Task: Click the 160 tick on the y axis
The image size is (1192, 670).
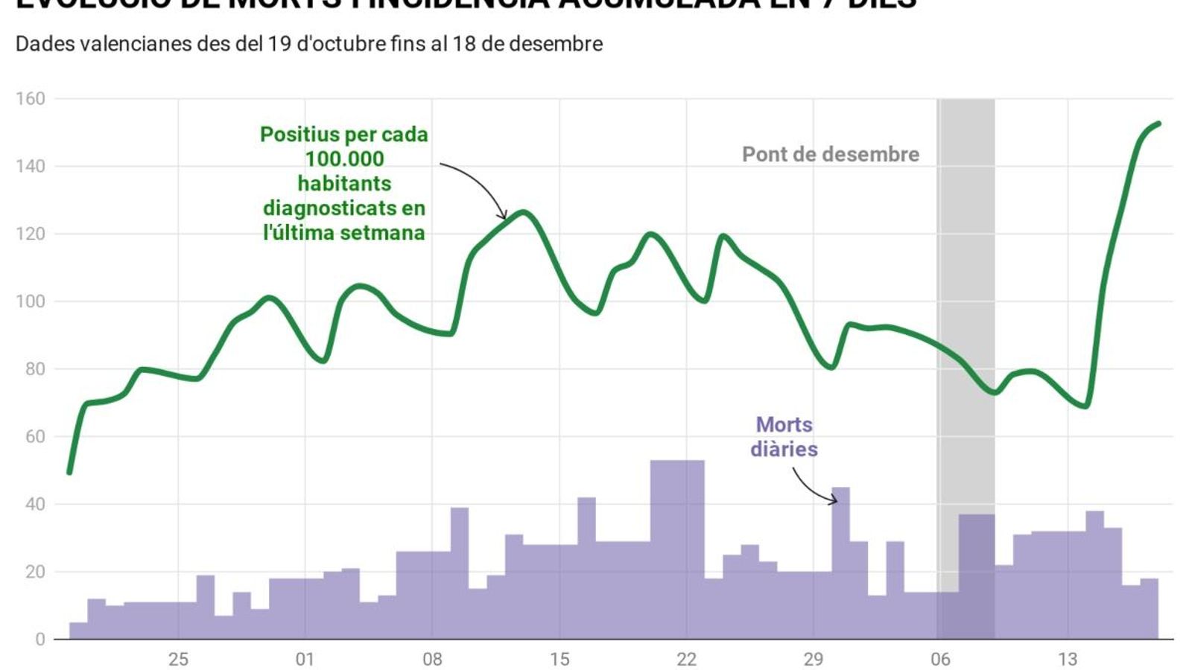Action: [x=31, y=98]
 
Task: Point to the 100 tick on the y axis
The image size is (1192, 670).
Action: [x=31, y=301]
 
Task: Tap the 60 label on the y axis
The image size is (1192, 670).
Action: [x=35, y=437]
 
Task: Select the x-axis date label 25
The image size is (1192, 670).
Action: [x=178, y=659]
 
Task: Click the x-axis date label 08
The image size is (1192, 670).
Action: [x=432, y=659]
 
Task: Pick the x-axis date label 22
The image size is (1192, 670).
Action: [x=686, y=659]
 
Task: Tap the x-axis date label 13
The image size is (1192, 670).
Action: [x=1068, y=659]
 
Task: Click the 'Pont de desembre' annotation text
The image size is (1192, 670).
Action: [x=830, y=154]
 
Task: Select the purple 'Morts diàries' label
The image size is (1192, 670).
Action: [x=784, y=436]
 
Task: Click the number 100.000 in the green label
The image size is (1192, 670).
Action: [x=344, y=159]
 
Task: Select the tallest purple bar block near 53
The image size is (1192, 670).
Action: [x=676, y=551]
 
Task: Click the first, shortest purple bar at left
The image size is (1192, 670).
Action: [x=78, y=631]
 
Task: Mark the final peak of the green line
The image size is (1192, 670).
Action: [x=1158, y=124]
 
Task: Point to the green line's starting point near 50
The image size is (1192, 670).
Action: [x=69, y=472]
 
